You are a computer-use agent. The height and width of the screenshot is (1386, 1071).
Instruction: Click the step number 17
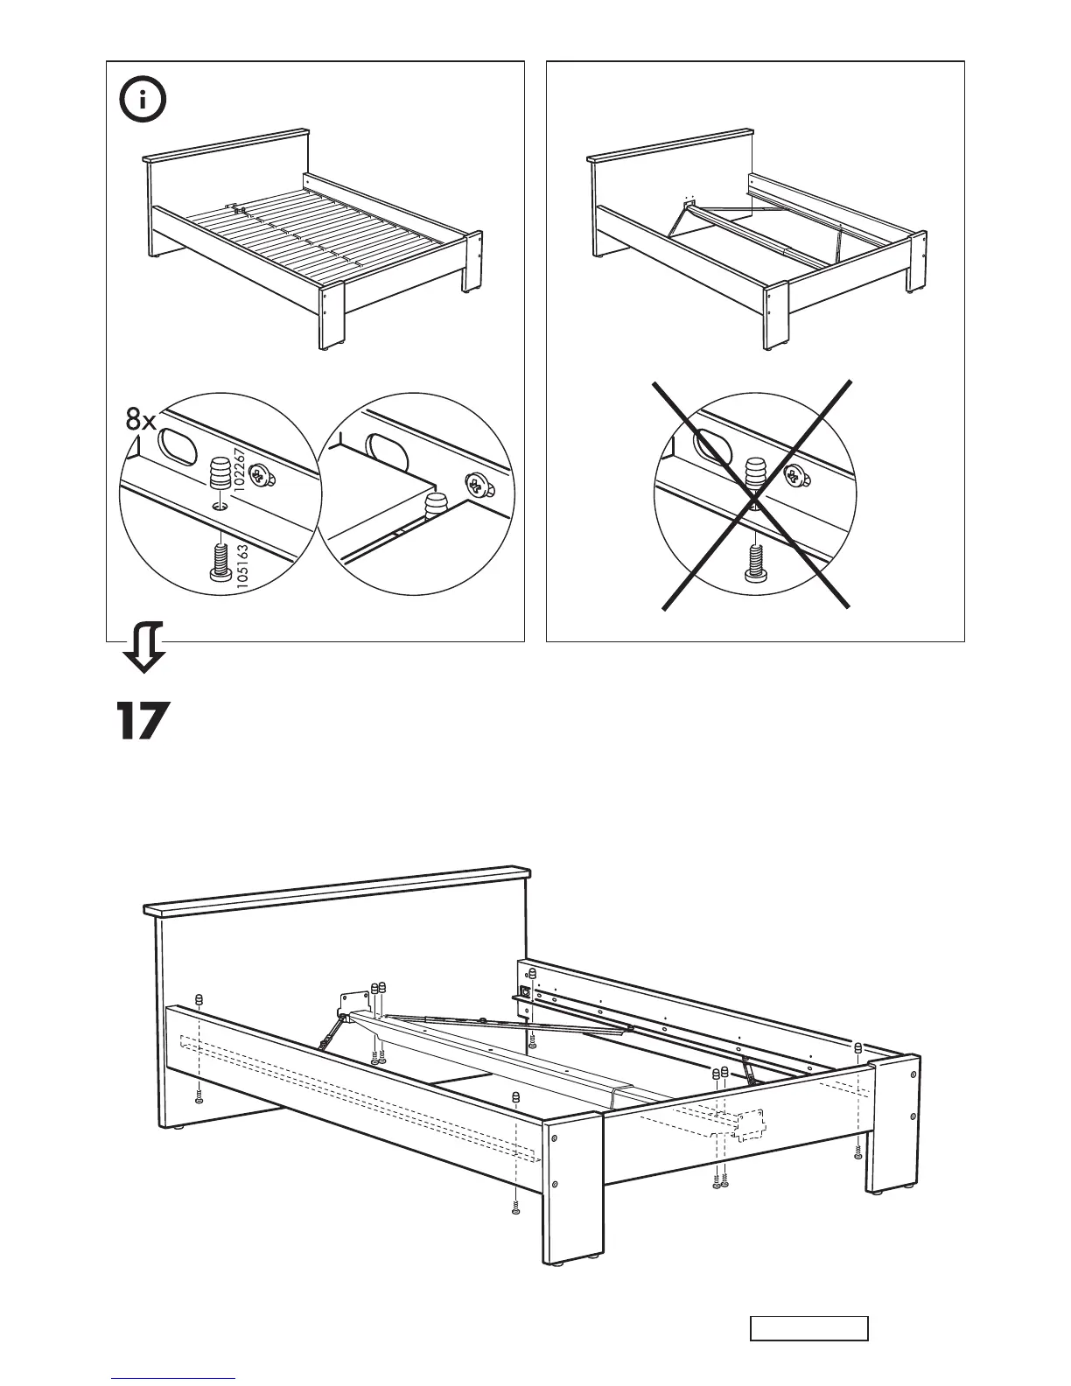141,721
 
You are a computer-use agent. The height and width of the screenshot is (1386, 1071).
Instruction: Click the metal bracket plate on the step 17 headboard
353,1003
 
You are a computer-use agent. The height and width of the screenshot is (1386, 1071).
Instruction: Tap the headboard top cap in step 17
338,890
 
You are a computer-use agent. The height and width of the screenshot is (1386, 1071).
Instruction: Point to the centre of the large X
755,496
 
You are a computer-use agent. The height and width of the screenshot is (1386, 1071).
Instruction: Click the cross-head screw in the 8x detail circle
258,475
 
